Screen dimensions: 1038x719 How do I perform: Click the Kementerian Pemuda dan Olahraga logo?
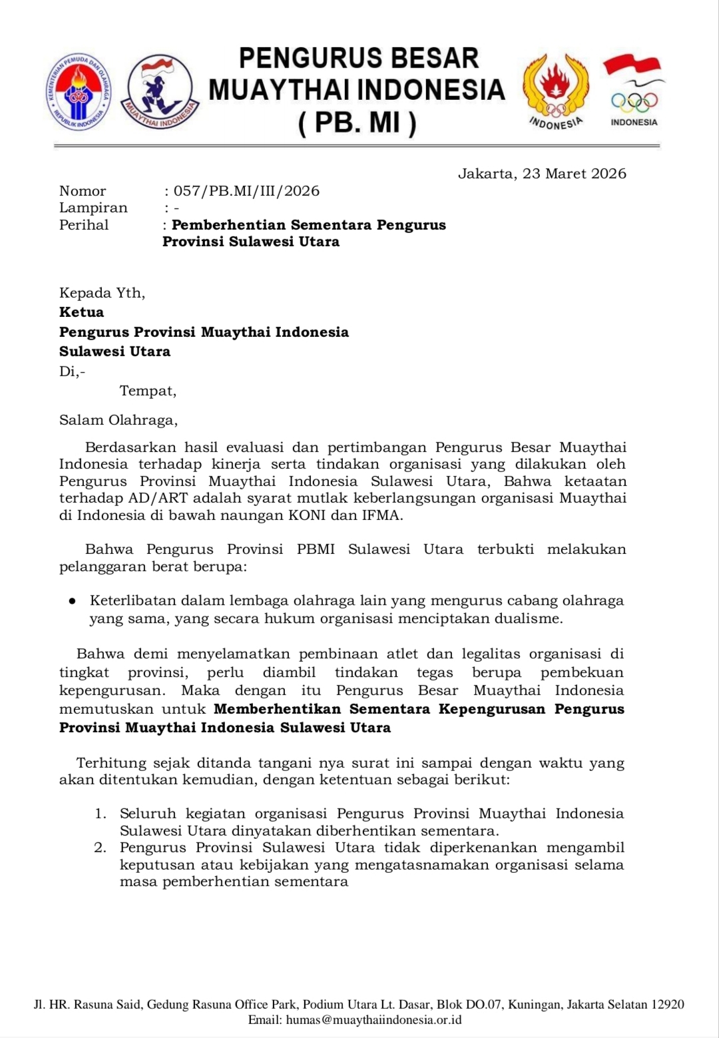tap(79, 92)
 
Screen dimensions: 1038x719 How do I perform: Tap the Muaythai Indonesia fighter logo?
tap(160, 91)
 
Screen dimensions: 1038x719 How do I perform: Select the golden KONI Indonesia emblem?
tap(555, 90)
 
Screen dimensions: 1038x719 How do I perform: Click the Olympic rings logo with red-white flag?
tap(633, 91)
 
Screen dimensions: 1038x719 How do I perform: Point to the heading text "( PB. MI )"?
tap(358, 123)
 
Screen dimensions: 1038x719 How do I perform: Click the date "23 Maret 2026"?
tap(575, 174)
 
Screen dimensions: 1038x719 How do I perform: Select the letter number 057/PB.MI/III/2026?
tap(246, 191)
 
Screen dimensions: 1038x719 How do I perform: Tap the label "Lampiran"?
tap(93, 208)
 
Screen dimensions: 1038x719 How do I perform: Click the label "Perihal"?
tap(84, 225)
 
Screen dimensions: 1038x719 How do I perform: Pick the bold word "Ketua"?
tap(82, 312)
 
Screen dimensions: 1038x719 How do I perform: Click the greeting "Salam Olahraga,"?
tap(119, 420)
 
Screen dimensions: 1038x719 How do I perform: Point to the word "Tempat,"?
tap(148, 391)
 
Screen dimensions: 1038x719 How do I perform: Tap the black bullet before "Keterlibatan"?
tap(72, 601)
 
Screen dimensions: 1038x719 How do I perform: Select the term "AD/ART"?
tap(160, 498)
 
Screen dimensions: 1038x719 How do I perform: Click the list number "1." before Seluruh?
tap(101, 814)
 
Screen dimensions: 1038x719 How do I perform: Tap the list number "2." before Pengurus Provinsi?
tap(101, 848)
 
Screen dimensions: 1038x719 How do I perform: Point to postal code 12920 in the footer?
tap(666, 1005)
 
